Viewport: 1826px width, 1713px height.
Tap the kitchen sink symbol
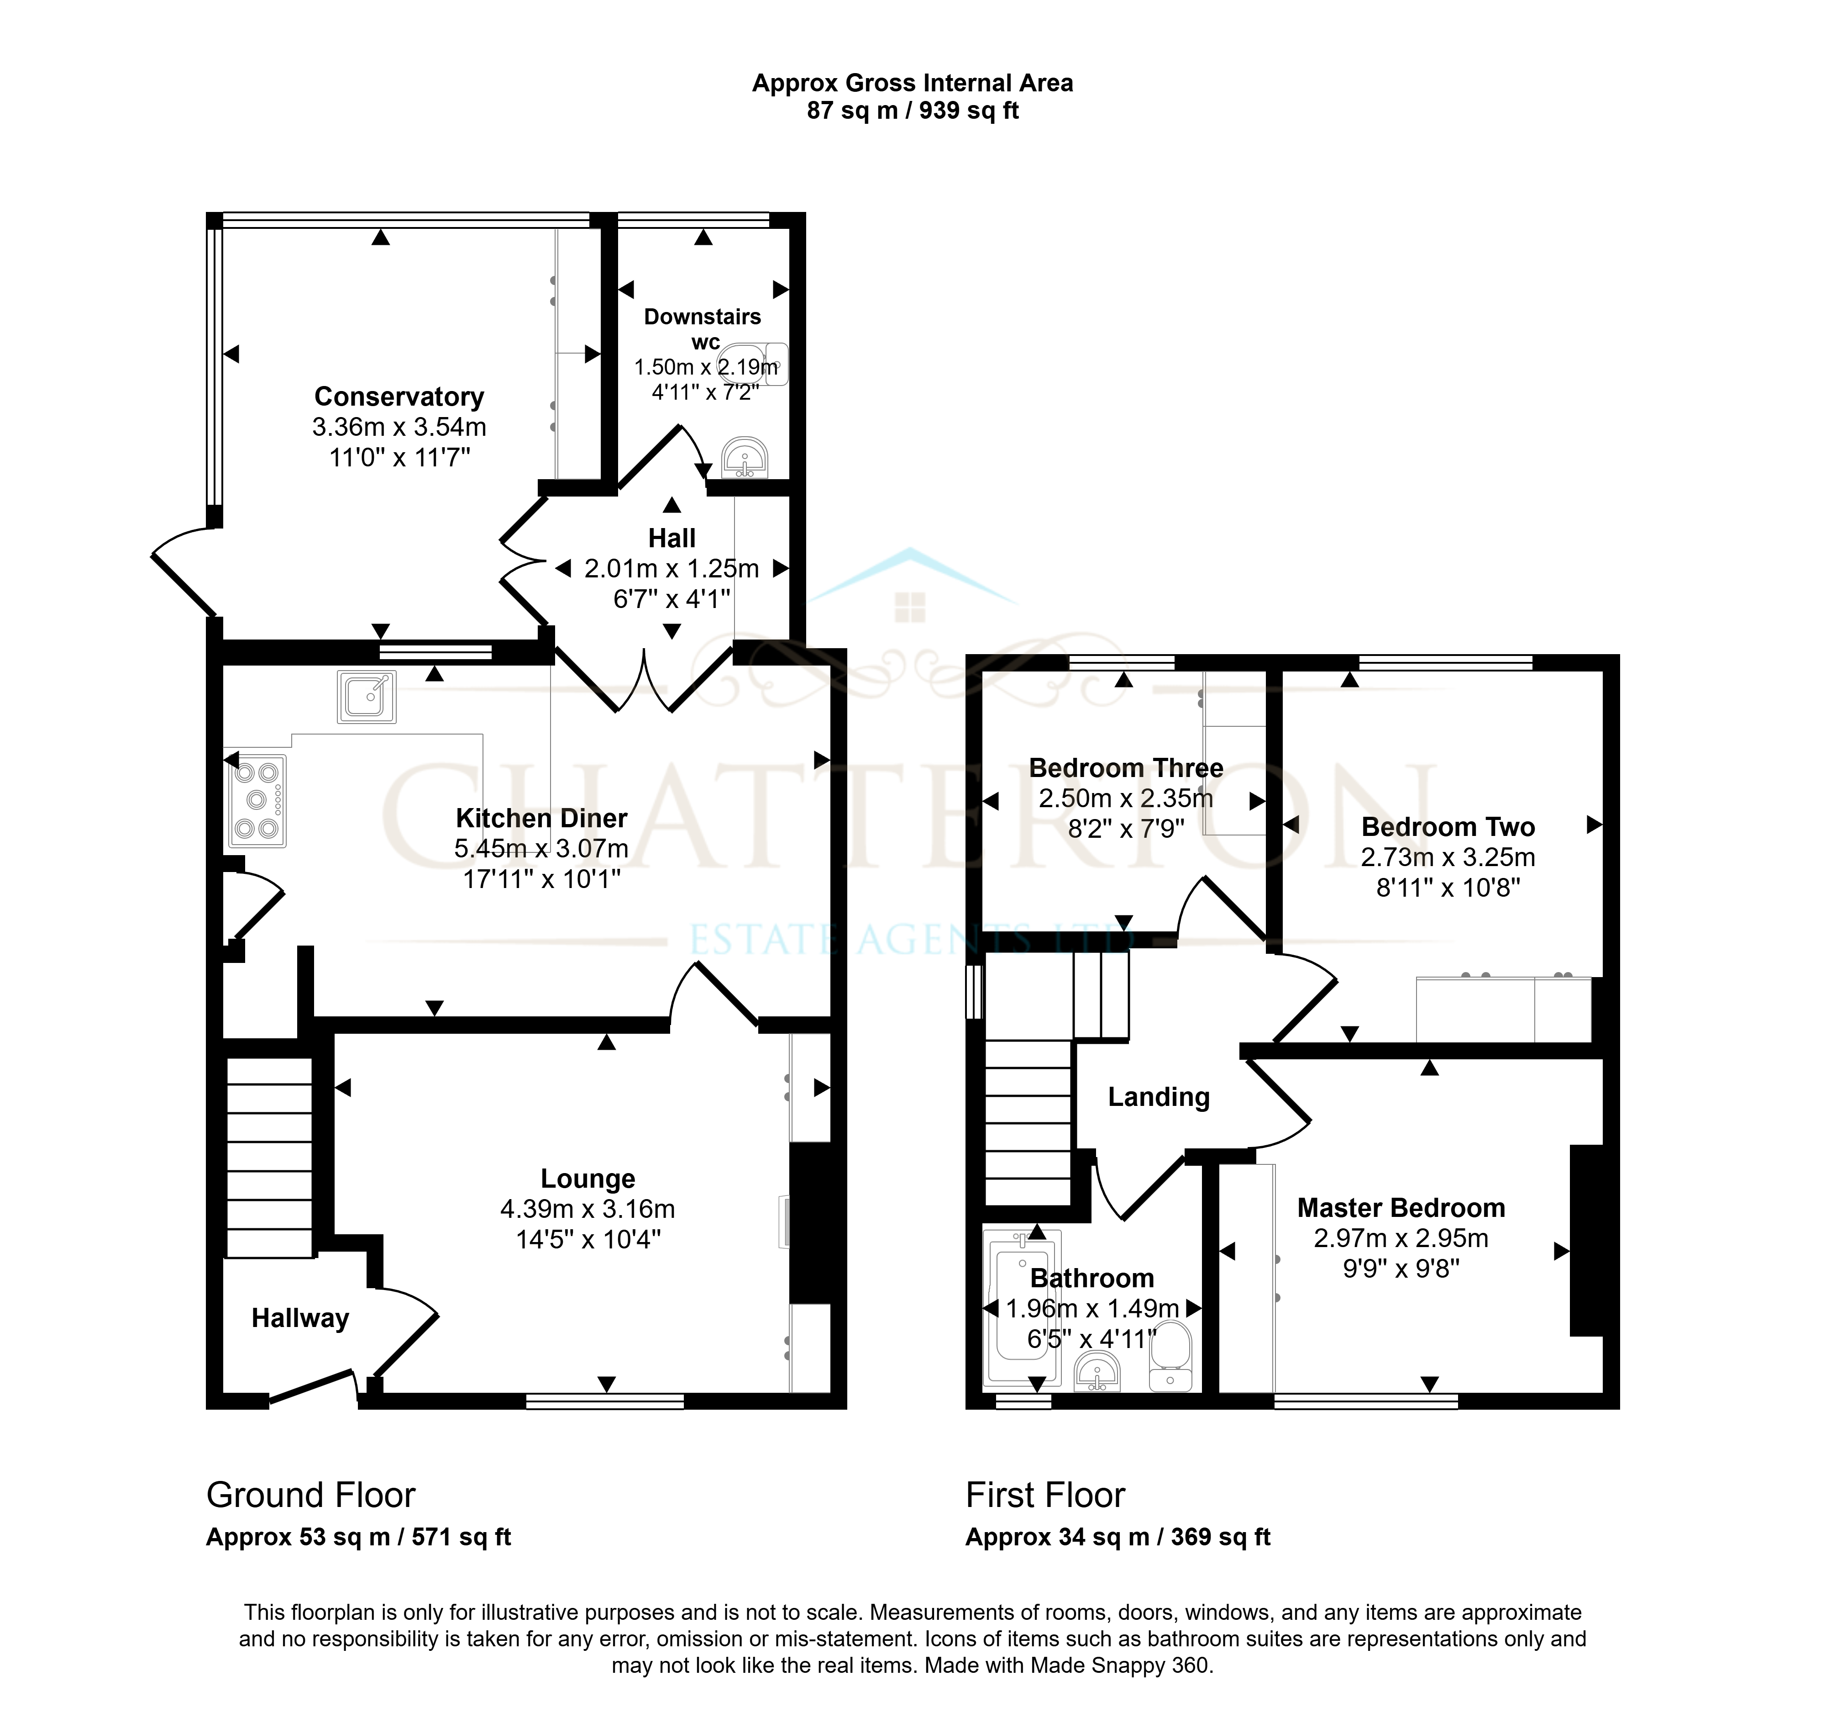[x=367, y=697]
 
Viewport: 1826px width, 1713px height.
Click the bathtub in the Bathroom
[x=1022, y=1308]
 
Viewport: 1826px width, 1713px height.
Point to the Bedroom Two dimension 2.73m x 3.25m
[x=1448, y=857]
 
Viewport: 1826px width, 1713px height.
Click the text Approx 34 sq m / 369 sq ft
[x=1118, y=1538]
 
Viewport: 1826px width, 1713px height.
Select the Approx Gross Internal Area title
[x=912, y=83]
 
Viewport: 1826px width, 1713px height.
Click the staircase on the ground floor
[x=269, y=1158]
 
